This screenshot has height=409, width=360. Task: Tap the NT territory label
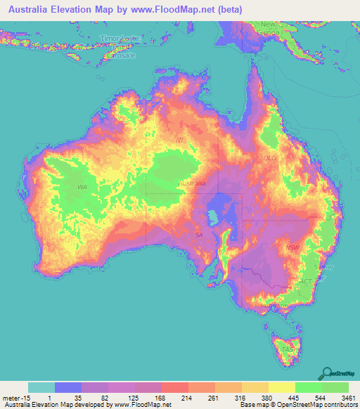[180, 141]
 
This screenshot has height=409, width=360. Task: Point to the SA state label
[200, 234]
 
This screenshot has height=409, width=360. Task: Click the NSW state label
[293, 247]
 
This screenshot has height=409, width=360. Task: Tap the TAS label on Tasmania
[286, 349]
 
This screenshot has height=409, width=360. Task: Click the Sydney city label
[325, 268]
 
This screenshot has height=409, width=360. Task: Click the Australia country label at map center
[192, 183]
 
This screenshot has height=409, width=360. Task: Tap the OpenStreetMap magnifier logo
[327, 373]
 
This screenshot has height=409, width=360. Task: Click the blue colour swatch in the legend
[68, 387]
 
